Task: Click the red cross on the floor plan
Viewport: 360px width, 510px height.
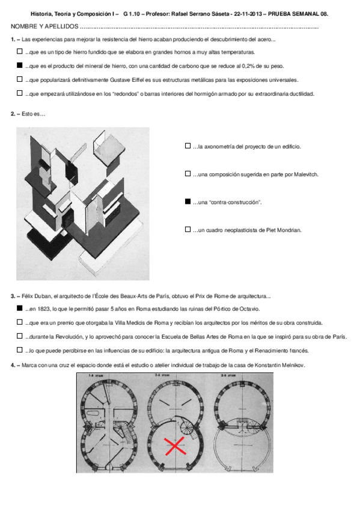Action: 175,446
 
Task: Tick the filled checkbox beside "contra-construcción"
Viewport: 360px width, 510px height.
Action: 188,201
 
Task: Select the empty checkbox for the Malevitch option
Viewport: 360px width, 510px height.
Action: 188,174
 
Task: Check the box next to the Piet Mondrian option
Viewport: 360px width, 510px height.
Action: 188,230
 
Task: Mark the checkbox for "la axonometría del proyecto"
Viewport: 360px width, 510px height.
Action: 188,146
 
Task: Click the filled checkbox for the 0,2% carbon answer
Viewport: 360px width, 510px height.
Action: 19,66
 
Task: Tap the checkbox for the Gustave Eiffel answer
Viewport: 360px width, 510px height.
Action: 19,79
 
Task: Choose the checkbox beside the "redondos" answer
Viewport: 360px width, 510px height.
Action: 19,93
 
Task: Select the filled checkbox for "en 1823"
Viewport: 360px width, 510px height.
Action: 19,309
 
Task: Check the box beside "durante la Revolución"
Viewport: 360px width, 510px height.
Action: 19,336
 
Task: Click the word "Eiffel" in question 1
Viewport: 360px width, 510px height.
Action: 138,80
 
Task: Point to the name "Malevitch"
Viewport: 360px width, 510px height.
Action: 306,174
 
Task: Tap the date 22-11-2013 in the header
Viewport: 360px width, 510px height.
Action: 248,14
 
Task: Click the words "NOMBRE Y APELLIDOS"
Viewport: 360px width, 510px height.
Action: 44,26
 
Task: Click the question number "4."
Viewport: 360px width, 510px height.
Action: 13,365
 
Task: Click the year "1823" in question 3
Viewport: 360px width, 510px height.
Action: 44,309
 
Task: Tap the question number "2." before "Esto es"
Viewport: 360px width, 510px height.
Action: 13,114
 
